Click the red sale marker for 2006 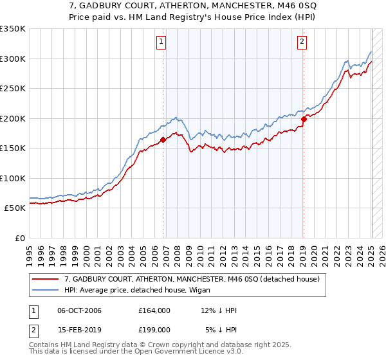click(163, 139)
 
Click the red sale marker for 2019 click(304, 119)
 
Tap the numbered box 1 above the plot click(160, 42)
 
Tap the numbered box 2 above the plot click(302, 42)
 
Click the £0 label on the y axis click(20, 238)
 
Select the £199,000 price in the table click(154, 329)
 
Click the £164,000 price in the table click(154, 310)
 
